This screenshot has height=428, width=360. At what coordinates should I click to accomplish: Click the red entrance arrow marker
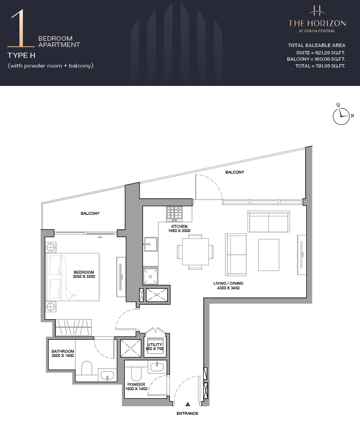pyautogui.click(x=188, y=405)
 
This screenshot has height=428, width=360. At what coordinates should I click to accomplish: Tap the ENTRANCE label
pyautogui.click(x=187, y=413)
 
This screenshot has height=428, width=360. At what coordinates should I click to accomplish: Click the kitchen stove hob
pyautogui.click(x=175, y=214)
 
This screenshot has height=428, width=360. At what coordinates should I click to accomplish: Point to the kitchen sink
pyautogui.click(x=151, y=244)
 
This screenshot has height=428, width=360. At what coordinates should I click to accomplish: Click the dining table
pyautogui.click(x=195, y=252)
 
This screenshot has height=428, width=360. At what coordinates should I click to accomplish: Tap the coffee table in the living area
pyautogui.click(x=268, y=254)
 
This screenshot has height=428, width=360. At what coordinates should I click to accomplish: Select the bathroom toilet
pyautogui.click(x=87, y=368)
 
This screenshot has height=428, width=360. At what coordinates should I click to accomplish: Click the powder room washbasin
pyautogui.click(x=157, y=366)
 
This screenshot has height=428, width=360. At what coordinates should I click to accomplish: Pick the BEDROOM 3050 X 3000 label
pyautogui.click(x=84, y=274)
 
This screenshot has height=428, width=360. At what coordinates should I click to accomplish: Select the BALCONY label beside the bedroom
pyautogui.click(x=90, y=213)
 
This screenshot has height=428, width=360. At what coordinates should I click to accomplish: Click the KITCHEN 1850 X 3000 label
pyautogui.click(x=179, y=229)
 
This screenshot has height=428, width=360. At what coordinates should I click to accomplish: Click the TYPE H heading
pyautogui.click(x=21, y=56)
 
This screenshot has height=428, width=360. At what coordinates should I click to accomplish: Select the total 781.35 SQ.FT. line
pyautogui.click(x=320, y=66)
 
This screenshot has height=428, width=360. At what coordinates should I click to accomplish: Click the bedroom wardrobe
pyautogui.click(x=73, y=327)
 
